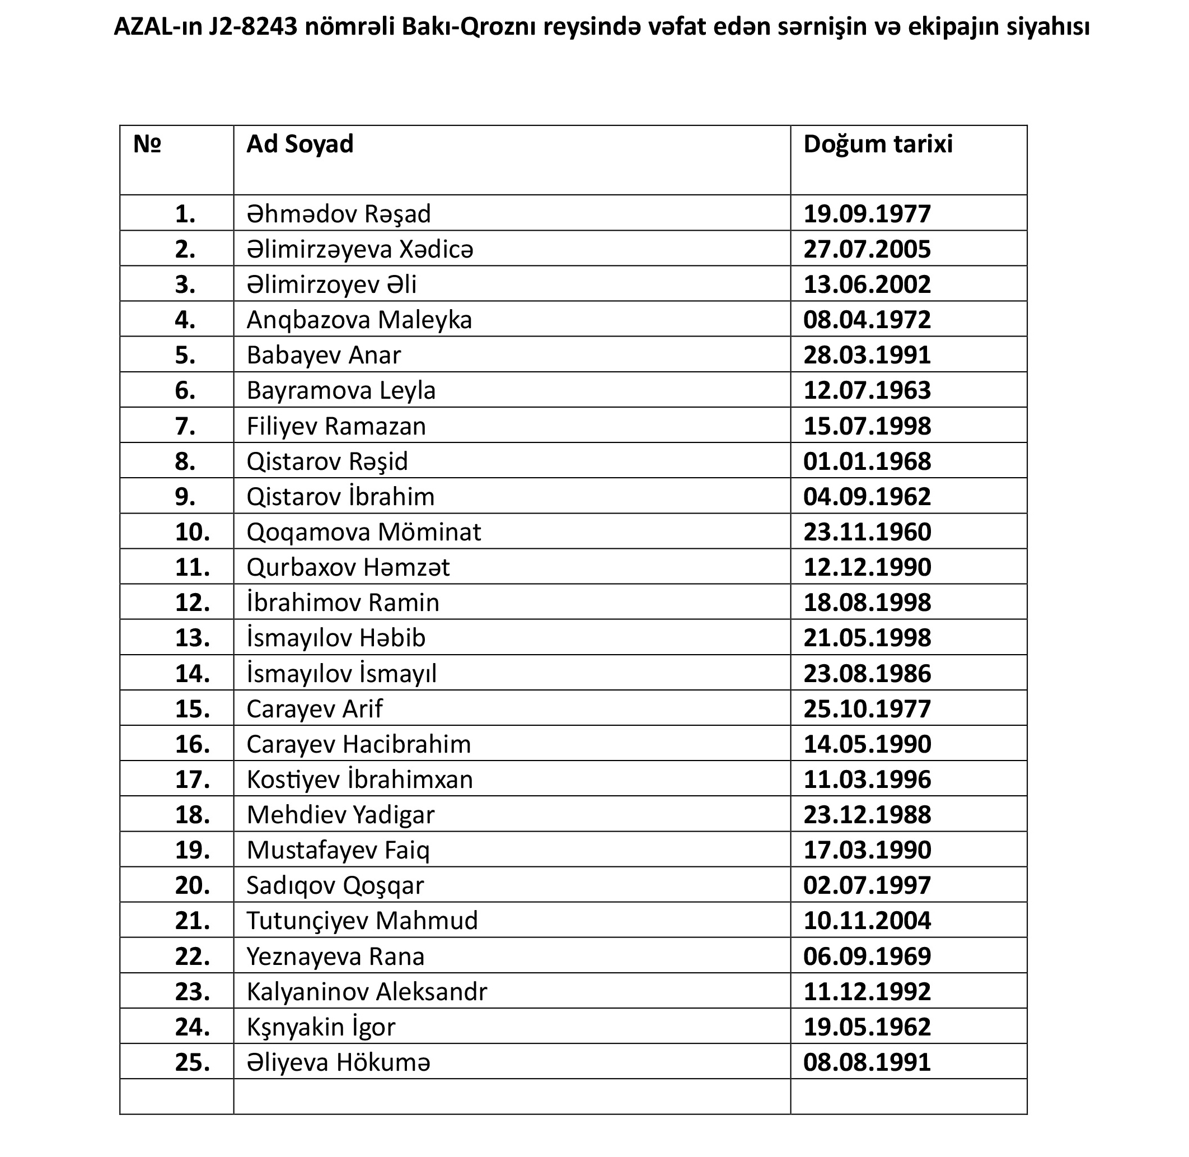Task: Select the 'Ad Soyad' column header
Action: tap(299, 144)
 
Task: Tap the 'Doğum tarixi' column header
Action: tap(878, 144)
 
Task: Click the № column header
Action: tap(147, 144)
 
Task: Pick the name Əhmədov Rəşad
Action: tap(339, 214)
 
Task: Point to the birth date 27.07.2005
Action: tap(867, 249)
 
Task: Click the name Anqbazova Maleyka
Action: tap(359, 320)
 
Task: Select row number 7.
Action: tap(185, 426)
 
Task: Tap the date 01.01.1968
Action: tap(867, 461)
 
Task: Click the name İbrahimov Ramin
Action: tap(343, 603)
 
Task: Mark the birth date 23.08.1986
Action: tap(867, 673)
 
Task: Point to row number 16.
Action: tap(192, 744)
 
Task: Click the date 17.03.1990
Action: tap(867, 850)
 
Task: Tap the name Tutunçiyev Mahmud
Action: tap(362, 921)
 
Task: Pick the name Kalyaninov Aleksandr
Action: tap(366, 992)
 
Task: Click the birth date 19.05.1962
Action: tap(867, 1027)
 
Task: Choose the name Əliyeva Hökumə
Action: tap(339, 1062)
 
